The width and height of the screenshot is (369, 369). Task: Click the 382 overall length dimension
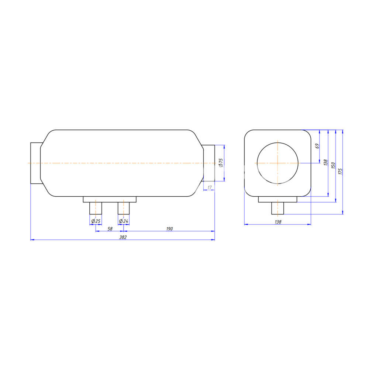click(x=123, y=237)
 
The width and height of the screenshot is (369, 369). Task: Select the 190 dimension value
click(x=169, y=229)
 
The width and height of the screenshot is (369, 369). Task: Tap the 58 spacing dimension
click(x=110, y=229)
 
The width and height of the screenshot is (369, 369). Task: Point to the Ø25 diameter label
click(x=96, y=221)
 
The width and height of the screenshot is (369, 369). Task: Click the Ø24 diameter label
click(x=124, y=221)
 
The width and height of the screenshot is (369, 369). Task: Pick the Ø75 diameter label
click(x=221, y=163)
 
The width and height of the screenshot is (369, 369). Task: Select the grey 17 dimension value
click(x=210, y=187)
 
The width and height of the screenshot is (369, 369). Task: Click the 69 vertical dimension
click(x=317, y=146)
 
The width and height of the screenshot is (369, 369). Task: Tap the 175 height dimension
click(x=340, y=171)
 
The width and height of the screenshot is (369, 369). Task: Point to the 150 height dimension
click(x=333, y=165)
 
